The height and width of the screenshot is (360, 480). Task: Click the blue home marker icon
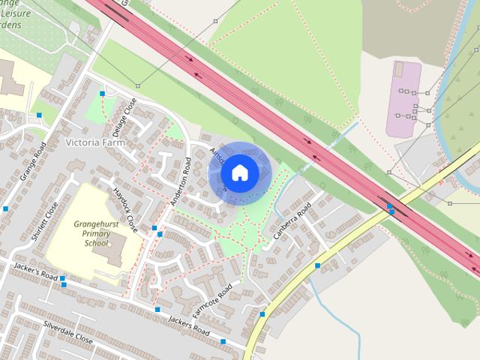click(x=238, y=172)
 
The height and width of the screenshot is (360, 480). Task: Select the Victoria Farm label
click(x=94, y=142)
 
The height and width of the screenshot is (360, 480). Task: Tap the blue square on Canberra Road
click(x=318, y=265)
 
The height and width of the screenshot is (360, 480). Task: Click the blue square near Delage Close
click(x=103, y=94)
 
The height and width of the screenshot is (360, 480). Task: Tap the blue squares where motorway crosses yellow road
click(x=390, y=209)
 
